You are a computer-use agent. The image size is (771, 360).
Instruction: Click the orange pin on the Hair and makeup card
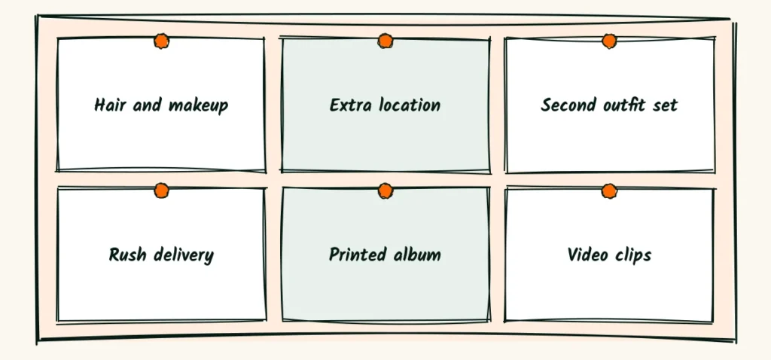161,41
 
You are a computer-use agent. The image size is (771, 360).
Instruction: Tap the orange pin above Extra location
385,41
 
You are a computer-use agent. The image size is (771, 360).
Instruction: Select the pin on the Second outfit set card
609,41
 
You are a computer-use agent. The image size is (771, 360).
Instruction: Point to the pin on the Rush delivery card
161,191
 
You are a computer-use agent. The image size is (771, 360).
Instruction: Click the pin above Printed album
385,191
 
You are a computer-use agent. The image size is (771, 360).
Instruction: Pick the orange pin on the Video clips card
609,191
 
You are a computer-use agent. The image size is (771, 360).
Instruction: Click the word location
410,105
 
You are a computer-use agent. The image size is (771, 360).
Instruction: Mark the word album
417,255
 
